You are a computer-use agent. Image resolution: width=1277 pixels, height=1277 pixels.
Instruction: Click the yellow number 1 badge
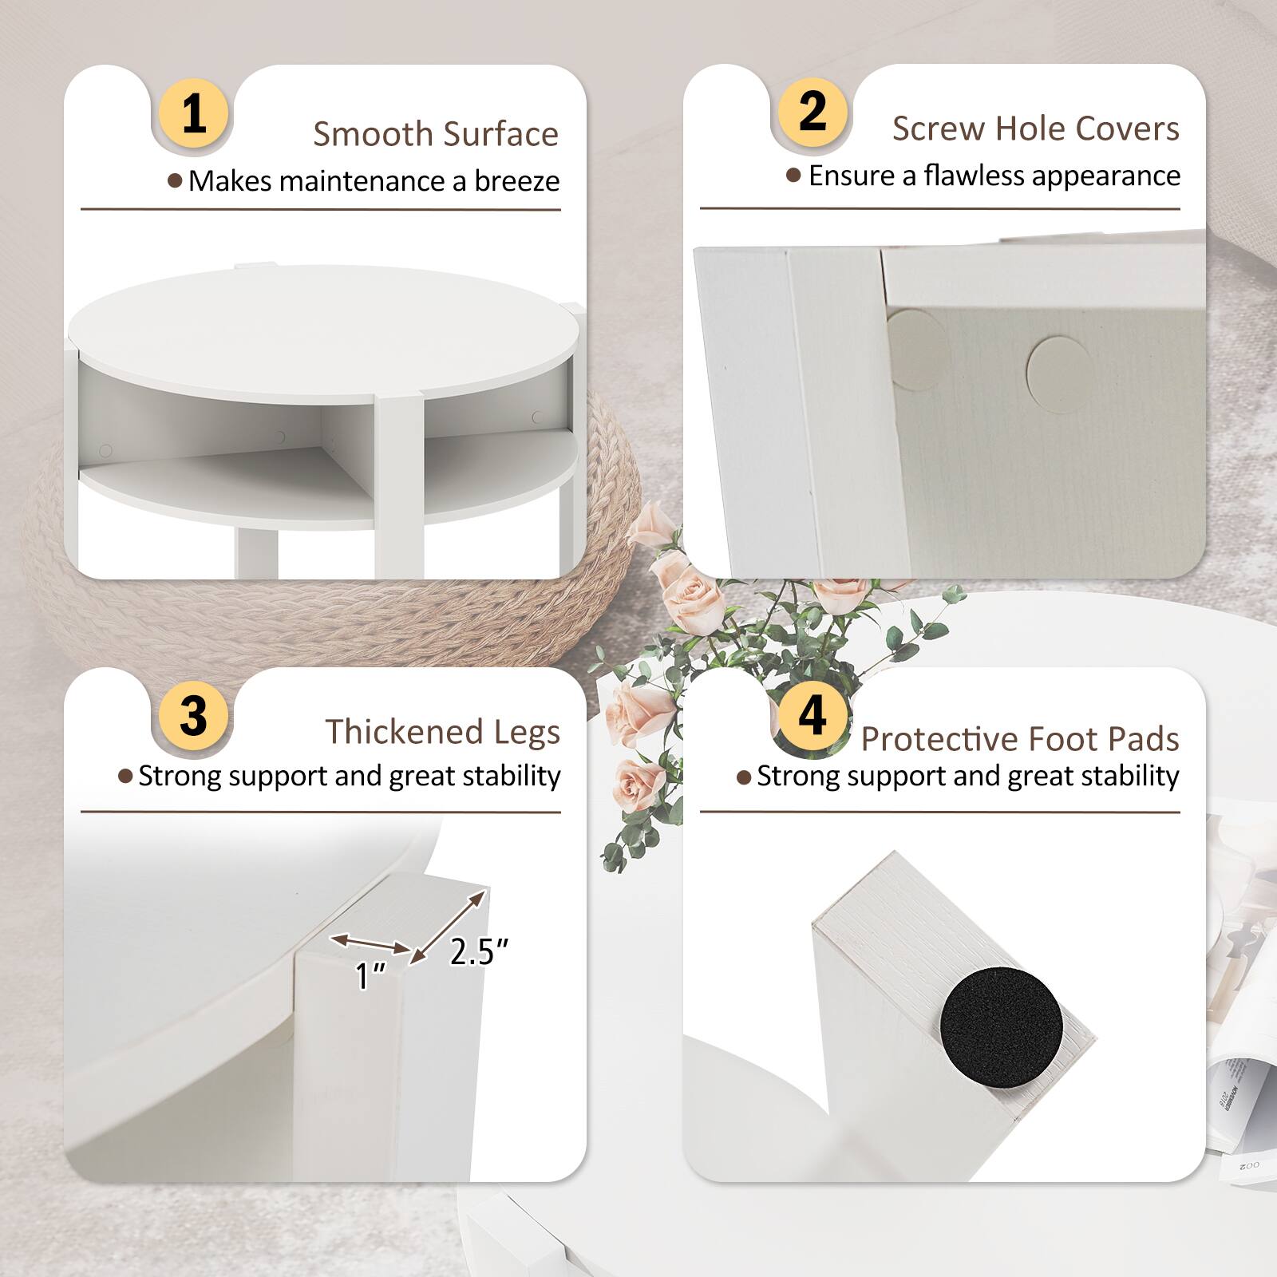194,113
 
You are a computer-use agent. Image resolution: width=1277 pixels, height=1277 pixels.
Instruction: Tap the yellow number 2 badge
812,109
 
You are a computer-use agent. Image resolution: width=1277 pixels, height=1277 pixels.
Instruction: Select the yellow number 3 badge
194,714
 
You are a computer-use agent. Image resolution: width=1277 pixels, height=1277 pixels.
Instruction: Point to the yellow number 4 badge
812,714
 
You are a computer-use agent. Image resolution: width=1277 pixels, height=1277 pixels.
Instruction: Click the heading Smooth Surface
435,134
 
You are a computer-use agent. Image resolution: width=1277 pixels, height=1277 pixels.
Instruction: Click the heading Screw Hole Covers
1035,128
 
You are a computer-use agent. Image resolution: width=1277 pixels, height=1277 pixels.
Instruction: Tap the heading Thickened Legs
442,731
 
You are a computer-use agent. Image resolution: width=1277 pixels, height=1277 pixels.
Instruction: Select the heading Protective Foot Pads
1019,739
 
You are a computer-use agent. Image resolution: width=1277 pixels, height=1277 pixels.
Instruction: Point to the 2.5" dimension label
478,951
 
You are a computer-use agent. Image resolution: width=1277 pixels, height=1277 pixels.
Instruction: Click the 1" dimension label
371,975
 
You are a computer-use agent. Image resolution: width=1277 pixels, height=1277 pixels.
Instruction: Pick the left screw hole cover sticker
918,349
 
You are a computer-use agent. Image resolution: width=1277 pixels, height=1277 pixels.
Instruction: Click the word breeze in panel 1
516,181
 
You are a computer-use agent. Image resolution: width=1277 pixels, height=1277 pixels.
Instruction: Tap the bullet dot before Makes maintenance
175,181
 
